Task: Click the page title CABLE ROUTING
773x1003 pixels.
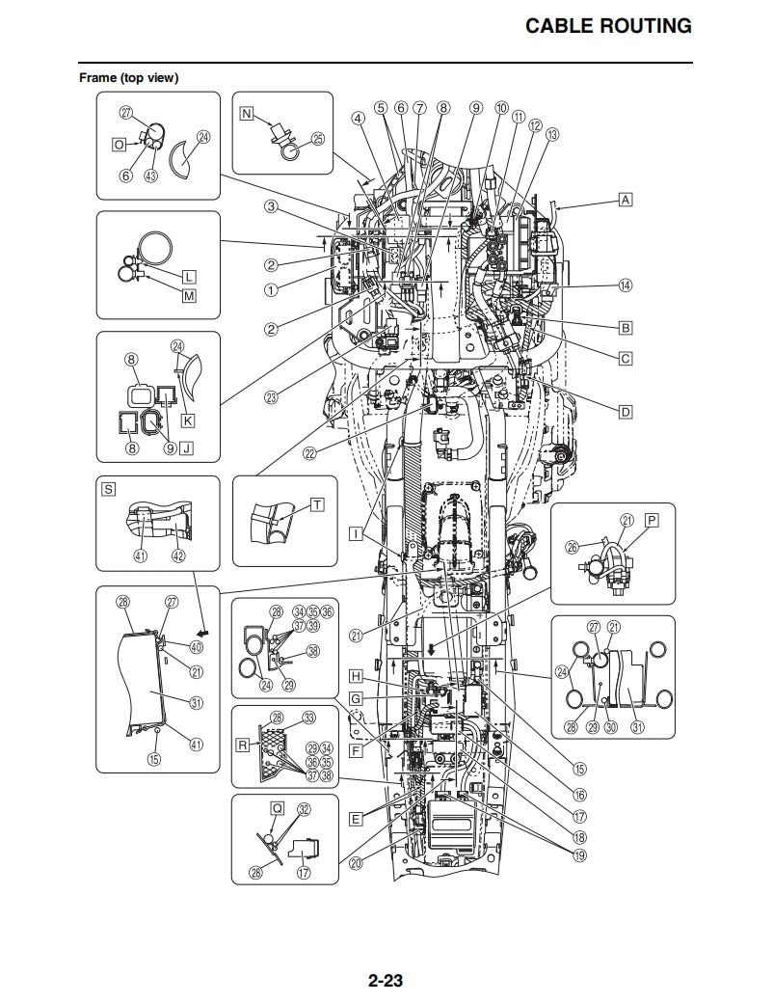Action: coord(608,26)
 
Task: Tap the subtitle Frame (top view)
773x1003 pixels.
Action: coord(128,77)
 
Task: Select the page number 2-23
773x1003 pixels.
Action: coord(385,982)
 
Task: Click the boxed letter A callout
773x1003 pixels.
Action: coord(626,200)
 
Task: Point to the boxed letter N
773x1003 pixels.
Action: coord(246,115)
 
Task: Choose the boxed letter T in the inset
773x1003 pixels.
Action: coord(317,504)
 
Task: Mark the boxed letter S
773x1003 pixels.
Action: coord(108,489)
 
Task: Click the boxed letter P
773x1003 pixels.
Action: coord(652,520)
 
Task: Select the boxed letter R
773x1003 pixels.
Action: coord(244,745)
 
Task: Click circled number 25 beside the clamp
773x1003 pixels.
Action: coord(317,139)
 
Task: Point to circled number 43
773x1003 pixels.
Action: coord(150,176)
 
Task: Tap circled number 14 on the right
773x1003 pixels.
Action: coord(626,285)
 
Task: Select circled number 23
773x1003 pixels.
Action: coord(272,395)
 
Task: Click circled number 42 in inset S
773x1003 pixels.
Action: coord(178,556)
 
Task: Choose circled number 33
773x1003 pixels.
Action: coord(308,718)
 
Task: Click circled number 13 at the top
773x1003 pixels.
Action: coord(551,136)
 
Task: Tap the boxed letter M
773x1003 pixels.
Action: coord(189,296)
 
